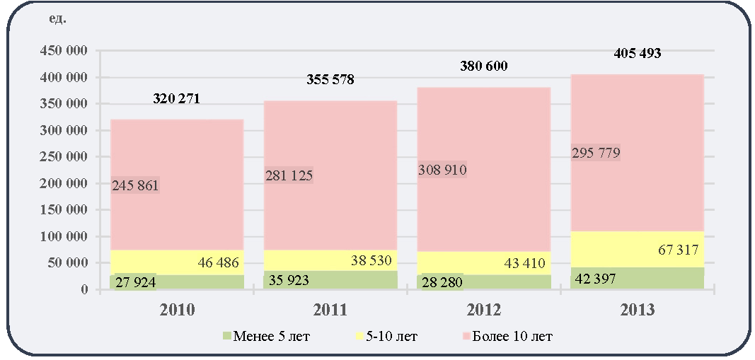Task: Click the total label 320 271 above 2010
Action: (x=176, y=98)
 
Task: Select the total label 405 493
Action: (x=638, y=54)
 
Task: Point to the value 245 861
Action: (x=135, y=185)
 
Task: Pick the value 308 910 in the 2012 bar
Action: (x=442, y=170)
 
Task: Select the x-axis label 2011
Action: (x=330, y=310)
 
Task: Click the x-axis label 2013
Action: (x=637, y=310)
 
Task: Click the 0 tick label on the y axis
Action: (x=84, y=290)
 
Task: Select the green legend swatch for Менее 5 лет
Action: (x=226, y=335)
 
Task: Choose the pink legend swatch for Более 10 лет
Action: (x=465, y=335)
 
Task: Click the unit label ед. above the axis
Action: (x=57, y=20)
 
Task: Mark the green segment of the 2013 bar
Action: (x=637, y=278)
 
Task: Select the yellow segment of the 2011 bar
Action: (x=330, y=260)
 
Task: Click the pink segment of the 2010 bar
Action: (x=177, y=185)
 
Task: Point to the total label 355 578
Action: (x=330, y=79)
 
